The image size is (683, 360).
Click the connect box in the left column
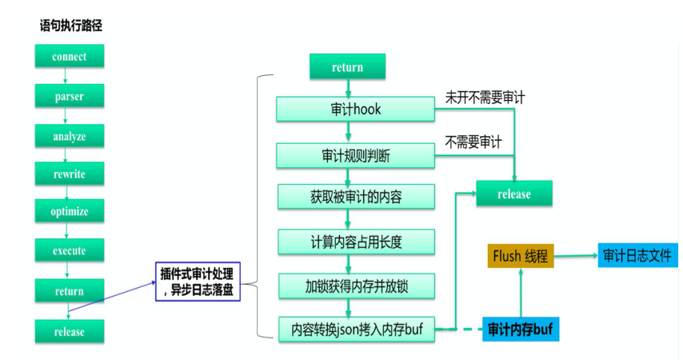[69, 57]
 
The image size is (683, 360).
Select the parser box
[69, 96]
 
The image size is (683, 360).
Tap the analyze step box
[69, 135]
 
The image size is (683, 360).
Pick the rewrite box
[69, 174]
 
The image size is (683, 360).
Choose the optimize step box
[69, 212]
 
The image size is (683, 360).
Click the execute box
[69, 250]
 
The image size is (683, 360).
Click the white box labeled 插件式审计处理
[198, 281]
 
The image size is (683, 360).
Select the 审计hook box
[356, 110]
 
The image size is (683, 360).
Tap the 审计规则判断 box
[356, 155]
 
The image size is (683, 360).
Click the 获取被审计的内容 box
[356, 197]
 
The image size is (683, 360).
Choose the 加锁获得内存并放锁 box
[356, 286]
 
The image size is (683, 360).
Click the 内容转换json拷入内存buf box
[356, 330]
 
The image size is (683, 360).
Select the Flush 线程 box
[520, 257]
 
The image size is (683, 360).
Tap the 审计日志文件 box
[638, 256]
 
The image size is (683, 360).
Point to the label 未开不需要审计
[485, 98]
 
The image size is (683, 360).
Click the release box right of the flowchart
[513, 194]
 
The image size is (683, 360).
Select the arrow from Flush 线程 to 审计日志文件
[575, 256]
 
